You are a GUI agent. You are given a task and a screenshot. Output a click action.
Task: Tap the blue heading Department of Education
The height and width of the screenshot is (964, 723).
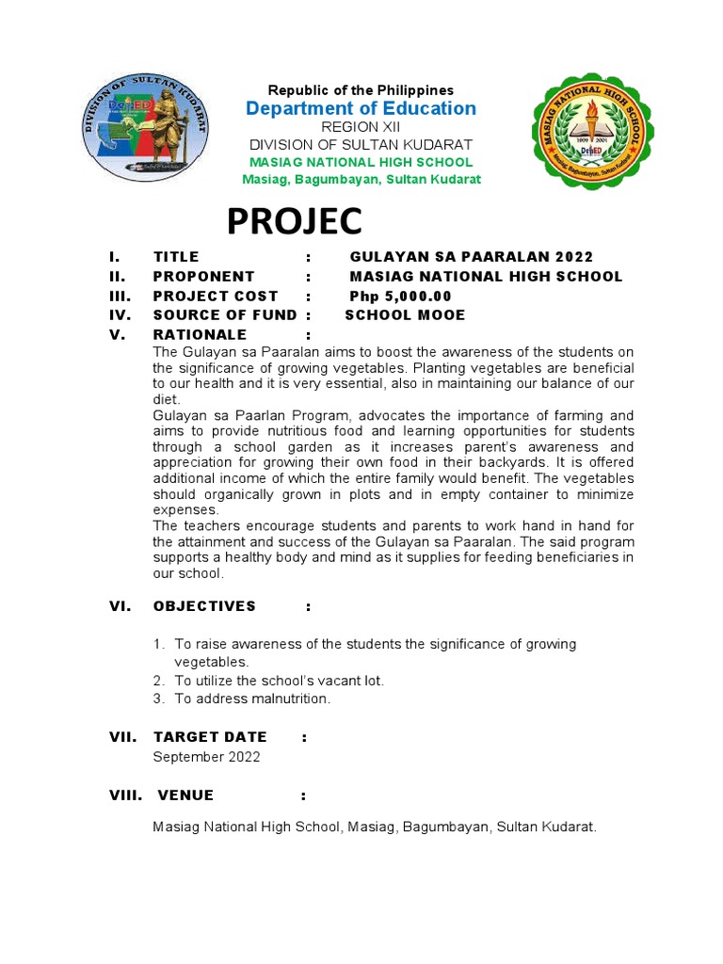coord(361,108)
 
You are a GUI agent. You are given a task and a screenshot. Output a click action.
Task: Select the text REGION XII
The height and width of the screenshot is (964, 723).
coord(361,127)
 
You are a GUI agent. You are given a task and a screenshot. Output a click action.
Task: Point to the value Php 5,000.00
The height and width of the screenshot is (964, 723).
coord(400,296)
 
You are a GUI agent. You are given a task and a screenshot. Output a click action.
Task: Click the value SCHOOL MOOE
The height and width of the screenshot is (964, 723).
coord(405,314)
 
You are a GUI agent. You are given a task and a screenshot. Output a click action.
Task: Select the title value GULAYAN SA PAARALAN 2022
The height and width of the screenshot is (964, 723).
coord(471,257)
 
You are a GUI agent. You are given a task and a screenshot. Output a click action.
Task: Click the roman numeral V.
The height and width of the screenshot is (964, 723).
coord(115,334)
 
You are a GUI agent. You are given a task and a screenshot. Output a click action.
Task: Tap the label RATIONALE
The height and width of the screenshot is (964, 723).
coord(200,334)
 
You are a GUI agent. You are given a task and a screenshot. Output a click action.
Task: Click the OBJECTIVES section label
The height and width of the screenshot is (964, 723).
coord(204,606)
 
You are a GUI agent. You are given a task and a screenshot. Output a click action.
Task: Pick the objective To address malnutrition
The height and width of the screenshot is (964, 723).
coord(252,699)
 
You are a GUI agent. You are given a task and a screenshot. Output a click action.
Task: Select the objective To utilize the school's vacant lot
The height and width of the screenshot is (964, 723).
coord(279,680)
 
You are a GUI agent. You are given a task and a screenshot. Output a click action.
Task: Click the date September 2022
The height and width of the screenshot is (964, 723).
coord(206,756)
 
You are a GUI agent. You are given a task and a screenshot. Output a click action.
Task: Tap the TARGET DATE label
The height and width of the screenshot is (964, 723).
coord(210,737)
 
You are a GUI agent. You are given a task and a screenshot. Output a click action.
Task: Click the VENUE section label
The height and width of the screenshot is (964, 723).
coord(185,795)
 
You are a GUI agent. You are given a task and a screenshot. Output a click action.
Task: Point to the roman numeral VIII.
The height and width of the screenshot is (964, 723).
coord(125,795)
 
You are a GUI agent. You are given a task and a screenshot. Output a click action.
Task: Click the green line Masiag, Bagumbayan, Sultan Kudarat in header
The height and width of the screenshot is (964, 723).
coord(361,179)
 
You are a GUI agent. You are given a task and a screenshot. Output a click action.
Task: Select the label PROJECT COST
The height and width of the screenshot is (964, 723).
coord(216,296)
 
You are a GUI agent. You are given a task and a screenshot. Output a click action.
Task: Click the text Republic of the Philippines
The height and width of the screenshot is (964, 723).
coord(361,89)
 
